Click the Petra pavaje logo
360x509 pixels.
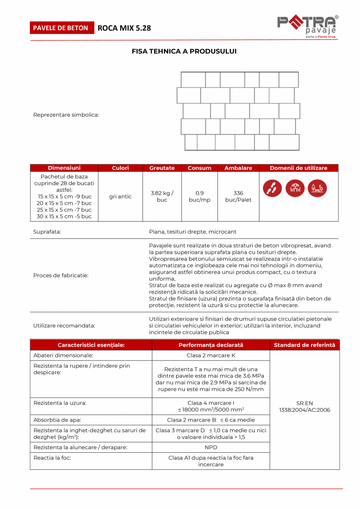[308, 27]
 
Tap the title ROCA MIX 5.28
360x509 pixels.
[124, 28]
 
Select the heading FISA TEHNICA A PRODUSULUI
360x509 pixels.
[184, 51]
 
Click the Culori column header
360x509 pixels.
[120, 168]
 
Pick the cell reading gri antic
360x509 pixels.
[120, 197]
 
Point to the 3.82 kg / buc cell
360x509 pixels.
[162, 197]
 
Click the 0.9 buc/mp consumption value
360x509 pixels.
[200, 197]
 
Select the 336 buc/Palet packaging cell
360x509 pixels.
[238, 197]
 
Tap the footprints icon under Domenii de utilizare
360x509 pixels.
[272, 188]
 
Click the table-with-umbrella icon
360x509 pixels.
[295, 188]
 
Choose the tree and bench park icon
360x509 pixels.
[317, 188]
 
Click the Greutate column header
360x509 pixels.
[162, 168]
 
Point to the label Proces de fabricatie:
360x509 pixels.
[61, 275]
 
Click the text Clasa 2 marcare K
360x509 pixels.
[211, 356]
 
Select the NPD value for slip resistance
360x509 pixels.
[211, 447]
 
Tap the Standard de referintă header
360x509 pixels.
[304, 345]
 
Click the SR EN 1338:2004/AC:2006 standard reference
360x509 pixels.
[304, 406]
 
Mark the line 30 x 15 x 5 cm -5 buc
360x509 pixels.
[64, 217]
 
